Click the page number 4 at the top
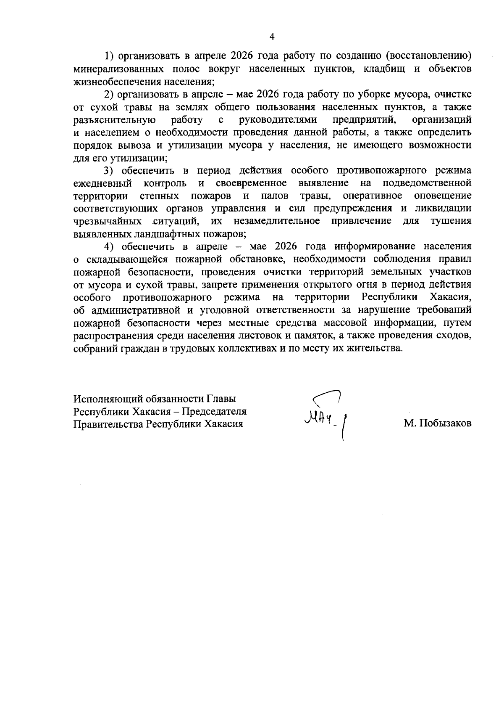(272, 37)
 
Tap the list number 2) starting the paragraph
(109, 94)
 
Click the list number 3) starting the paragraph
(109, 170)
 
